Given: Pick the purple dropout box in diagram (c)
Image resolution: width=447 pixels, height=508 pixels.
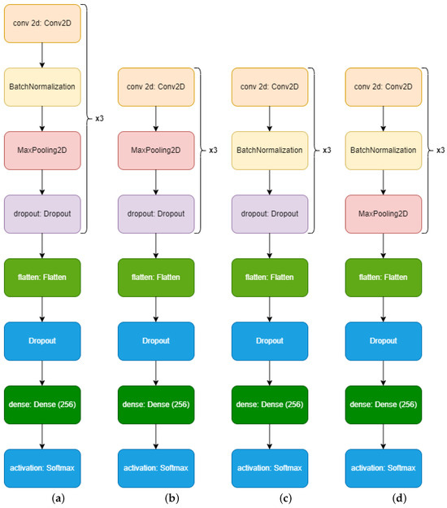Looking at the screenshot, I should [269, 213].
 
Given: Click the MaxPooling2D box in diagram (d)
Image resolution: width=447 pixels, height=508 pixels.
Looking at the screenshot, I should [383, 213].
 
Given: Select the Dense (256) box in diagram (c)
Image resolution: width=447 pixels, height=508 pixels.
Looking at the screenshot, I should [269, 404].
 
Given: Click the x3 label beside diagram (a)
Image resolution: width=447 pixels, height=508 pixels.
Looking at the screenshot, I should [99, 118].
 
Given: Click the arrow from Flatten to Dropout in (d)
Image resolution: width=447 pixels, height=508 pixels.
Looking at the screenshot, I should [383, 309].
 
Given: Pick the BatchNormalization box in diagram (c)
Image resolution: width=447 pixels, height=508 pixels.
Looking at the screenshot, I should [269, 150].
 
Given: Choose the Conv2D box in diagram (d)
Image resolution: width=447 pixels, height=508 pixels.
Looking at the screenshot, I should [383, 86].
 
